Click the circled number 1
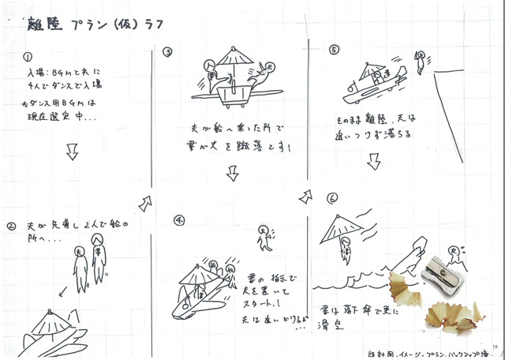tap(27, 58)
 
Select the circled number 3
tap(167, 52)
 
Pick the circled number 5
tap(334, 49)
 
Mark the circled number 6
tap(333, 197)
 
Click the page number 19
tap(493, 345)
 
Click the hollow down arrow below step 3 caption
tap(232, 173)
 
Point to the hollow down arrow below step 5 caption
tap(373, 161)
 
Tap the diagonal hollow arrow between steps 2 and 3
tap(144, 204)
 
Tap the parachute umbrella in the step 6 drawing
tap(340, 227)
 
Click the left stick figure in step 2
tap(79, 261)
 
